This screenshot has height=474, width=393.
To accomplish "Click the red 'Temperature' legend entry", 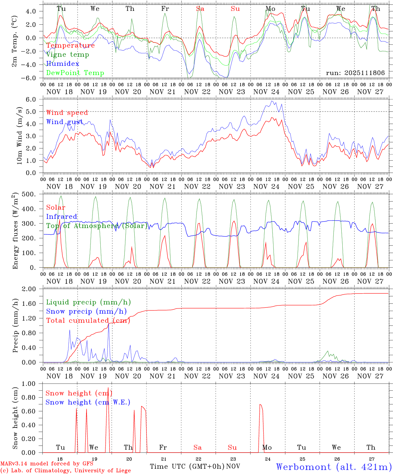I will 70,45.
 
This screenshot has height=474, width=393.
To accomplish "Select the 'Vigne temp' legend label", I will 67,55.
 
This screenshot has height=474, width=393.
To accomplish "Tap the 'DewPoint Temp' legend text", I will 75,73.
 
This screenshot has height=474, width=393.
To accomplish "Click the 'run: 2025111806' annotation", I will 355,73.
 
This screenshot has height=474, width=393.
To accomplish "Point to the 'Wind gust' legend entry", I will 65,122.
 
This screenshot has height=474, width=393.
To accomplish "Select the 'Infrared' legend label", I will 62,217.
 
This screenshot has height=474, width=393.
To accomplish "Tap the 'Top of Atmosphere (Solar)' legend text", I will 97,226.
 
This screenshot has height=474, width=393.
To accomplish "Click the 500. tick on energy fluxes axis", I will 33,194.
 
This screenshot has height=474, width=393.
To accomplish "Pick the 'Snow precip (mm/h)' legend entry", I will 86,311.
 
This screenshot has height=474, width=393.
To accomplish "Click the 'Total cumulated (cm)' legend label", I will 88,320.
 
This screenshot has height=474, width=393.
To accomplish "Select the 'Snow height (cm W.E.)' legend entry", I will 88,402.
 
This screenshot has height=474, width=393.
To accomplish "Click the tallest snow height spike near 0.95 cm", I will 108,388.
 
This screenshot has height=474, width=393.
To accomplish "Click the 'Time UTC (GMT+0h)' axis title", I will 187,466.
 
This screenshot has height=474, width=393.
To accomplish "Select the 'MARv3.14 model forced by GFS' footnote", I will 47,464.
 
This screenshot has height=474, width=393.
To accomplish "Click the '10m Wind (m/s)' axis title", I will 20,136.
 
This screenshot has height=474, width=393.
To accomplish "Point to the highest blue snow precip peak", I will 109,325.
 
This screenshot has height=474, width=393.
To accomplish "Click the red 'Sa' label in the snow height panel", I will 197,447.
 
